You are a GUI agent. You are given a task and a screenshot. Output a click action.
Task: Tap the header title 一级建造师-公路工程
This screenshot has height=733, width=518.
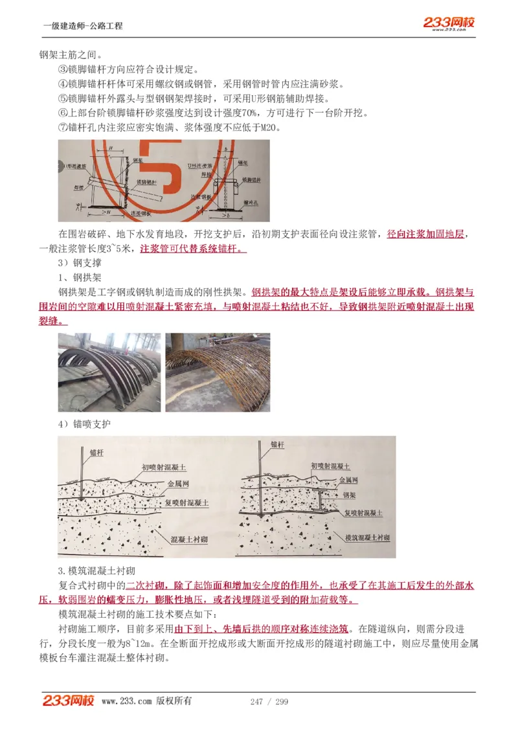click(82, 26)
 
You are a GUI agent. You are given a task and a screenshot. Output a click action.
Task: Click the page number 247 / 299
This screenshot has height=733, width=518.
click(269, 702)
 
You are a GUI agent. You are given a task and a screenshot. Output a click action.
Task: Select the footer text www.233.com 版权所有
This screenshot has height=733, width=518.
click(146, 701)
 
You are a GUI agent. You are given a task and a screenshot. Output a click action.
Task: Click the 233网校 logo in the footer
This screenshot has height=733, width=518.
click(69, 701)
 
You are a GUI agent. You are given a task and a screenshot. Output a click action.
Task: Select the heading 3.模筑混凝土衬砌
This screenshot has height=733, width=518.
click(96, 570)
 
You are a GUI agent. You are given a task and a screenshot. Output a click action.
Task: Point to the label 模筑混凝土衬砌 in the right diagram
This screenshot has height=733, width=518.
click(366, 538)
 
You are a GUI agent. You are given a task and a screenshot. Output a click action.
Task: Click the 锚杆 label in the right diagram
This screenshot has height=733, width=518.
click(277, 445)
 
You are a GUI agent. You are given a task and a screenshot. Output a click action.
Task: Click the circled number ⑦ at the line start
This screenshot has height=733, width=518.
click(63, 127)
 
